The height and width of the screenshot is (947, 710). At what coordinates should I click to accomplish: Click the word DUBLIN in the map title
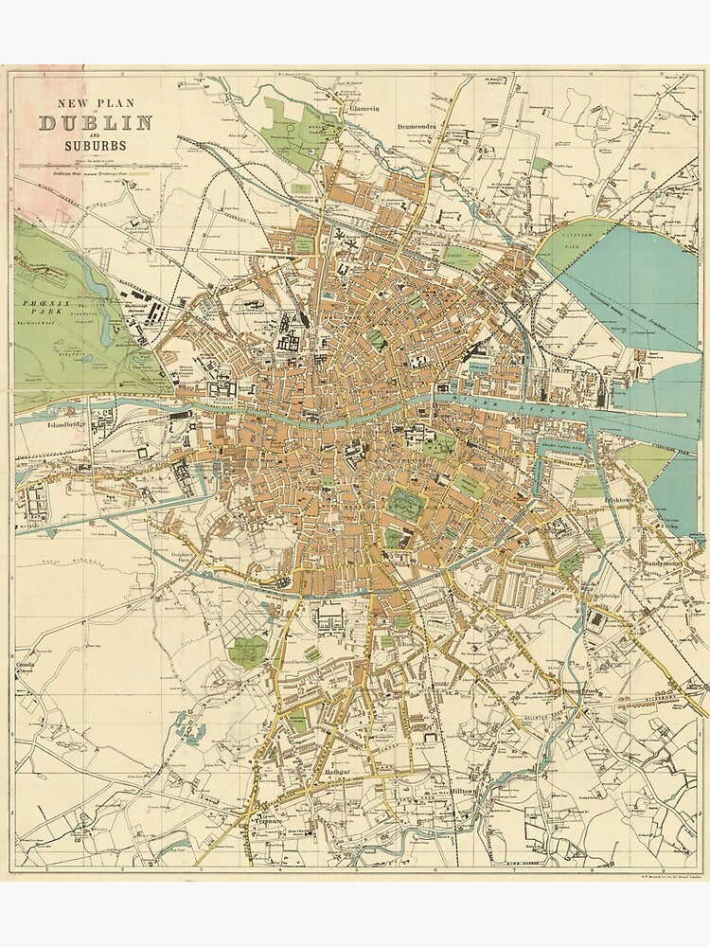click(x=96, y=122)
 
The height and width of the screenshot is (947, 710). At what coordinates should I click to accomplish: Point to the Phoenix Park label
click(x=42, y=309)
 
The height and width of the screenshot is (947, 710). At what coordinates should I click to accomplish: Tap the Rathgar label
click(x=338, y=774)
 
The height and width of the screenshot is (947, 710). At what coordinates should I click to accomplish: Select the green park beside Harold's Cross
click(x=248, y=651)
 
